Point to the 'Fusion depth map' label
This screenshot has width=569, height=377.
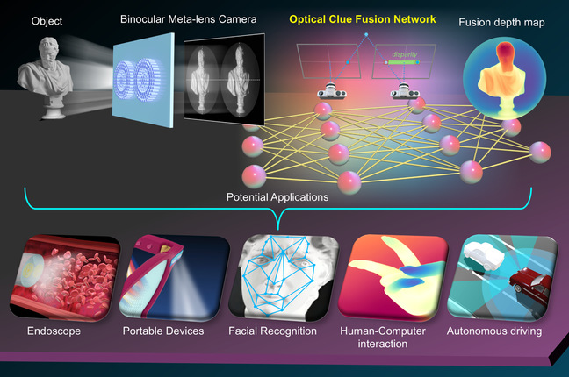498,20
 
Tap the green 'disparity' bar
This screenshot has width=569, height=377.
405,62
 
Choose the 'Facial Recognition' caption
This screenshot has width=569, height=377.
273,332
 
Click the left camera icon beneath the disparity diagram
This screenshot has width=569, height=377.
328,90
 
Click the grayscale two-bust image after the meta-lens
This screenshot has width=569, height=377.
220,79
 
